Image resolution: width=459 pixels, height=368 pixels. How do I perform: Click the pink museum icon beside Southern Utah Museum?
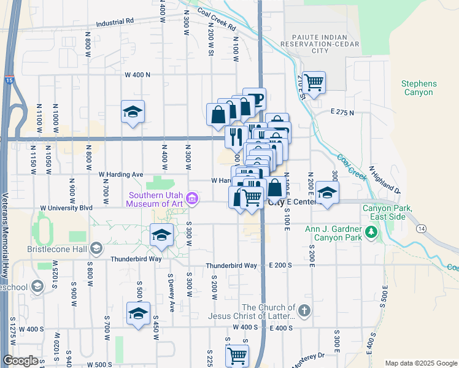(x=192, y=198)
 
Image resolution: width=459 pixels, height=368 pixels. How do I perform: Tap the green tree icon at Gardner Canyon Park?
(x=370, y=232)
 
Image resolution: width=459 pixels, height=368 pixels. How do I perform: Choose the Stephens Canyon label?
(x=418, y=88)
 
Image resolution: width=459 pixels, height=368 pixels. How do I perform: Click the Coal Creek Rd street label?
(x=217, y=20)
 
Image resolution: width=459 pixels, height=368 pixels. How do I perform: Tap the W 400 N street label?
(x=137, y=75)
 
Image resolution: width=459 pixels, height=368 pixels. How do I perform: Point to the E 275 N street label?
(x=342, y=112)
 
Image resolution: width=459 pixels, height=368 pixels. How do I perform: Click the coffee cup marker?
(x=253, y=98)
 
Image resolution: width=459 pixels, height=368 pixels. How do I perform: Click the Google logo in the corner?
(x=20, y=361)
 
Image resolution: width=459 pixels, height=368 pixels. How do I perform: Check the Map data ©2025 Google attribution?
(x=420, y=363)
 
